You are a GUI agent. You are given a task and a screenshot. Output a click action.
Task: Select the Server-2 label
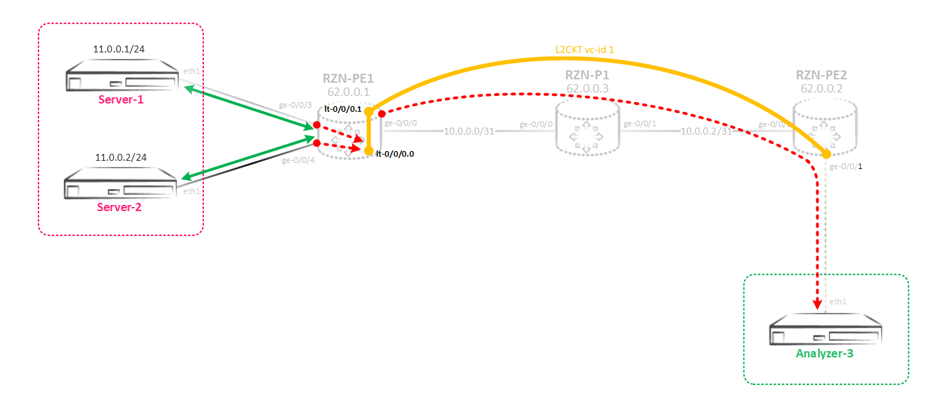(x=119, y=207)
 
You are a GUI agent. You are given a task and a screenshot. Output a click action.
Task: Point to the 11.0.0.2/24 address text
(x=121, y=157)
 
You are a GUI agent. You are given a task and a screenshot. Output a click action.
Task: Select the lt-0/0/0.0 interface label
(x=395, y=155)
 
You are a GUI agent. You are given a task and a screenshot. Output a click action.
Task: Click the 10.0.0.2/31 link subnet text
(x=706, y=131)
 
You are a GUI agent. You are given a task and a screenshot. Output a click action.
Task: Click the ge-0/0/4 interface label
(x=297, y=161)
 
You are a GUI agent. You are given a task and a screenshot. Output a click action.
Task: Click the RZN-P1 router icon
(x=587, y=129)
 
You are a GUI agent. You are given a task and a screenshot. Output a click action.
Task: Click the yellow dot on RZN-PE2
(x=825, y=155)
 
